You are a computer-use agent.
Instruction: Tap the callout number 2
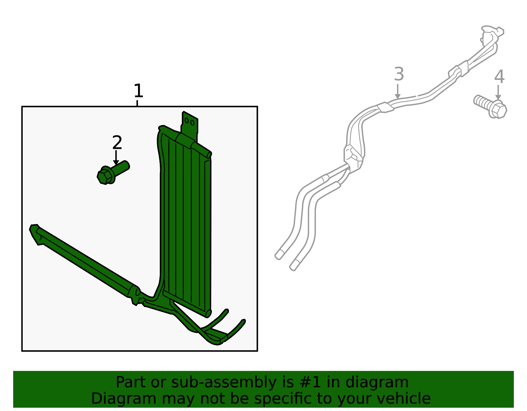pyautogui.click(x=117, y=142)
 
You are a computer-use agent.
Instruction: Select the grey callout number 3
pyautogui.click(x=399, y=74)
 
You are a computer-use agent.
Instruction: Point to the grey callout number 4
pyautogui.click(x=499, y=77)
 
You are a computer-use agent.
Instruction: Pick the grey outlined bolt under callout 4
pyautogui.click(x=490, y=107)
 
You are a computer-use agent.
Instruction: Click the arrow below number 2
pyautogui.click(x=116, y=158)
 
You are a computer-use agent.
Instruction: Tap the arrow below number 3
pyautogui.click(x=398, y=91)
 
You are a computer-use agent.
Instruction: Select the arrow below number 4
pyautogui.click(x=498, y=92)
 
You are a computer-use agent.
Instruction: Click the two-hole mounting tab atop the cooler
pyautogui.click(x=190, y=126)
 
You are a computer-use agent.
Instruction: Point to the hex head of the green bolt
pyautogui.click(x=105, y=177)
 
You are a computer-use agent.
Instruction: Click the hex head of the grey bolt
pyautogui.click(x=499, y=111)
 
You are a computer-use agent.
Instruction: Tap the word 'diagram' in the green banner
pyautogui.click(x=377, y=382)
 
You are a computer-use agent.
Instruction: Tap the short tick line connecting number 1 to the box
pyautogui.click(x=137, y=103)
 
